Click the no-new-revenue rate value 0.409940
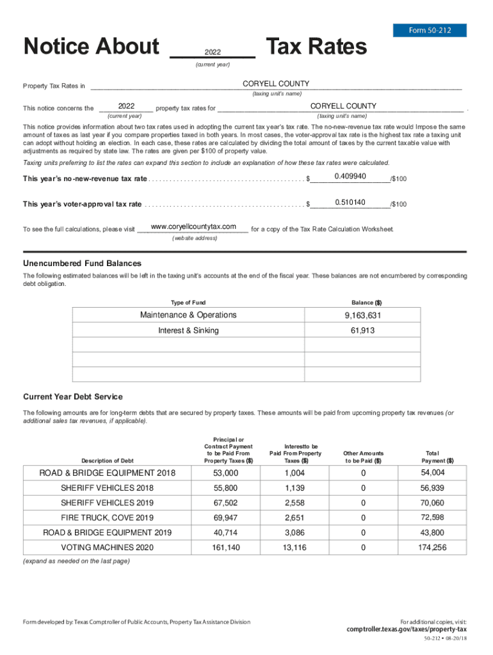coord(350,177)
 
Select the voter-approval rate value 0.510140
coord(350,203)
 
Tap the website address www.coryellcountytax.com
coord(193,227)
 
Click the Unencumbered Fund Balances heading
coord(83,264)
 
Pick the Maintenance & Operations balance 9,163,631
coord(362,315)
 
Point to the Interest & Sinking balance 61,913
coord(362,331)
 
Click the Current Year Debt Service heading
coord(73,397)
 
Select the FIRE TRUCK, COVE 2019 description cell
coord(107,517)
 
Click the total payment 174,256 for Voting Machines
coord(433,548)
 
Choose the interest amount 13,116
coord(295,548)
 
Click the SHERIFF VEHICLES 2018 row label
coord(107,488)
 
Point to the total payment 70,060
coord(433,503)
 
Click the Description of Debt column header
coord(107,461)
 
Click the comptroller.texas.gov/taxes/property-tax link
coord(407,629)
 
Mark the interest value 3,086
coord(295,532)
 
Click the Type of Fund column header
coord(188,303)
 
